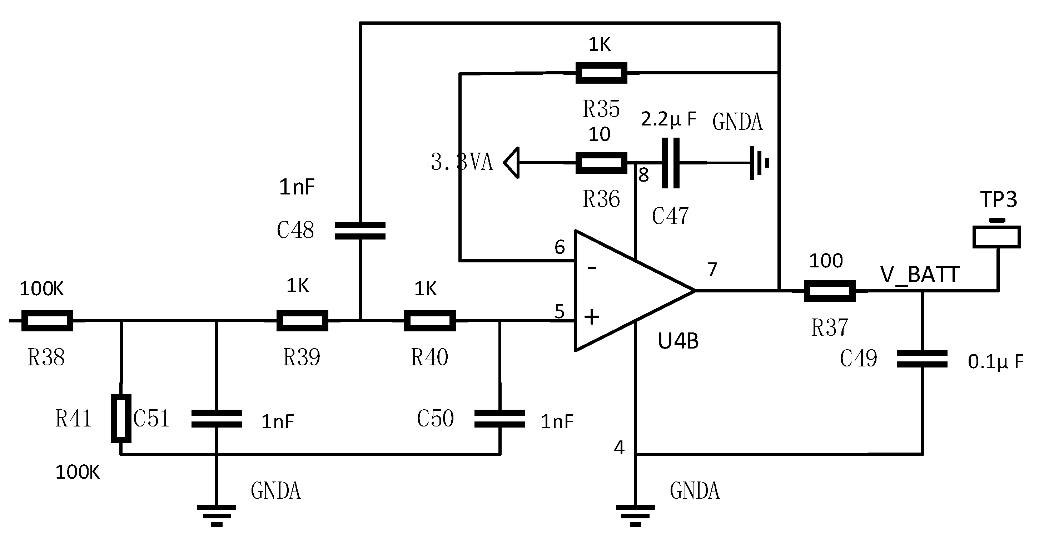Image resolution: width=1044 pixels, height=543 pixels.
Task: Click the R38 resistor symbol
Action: [47, 321]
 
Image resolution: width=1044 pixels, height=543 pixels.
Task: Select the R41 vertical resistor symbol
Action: [121, 419]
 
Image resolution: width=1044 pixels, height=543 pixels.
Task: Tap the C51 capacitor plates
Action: [217, 419]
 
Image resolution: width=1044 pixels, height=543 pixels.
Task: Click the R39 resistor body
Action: [302, 321]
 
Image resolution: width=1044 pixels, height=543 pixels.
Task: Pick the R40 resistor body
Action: [429, 321]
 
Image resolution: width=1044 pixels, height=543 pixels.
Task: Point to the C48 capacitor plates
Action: [360, 231]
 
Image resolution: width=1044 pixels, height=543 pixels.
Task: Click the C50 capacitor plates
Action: [500, 419]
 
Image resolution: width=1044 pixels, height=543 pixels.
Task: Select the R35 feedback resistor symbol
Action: [601, 73]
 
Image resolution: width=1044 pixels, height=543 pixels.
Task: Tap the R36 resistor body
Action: [601, 163]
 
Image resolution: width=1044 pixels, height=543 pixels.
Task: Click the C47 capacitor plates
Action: [670, 163]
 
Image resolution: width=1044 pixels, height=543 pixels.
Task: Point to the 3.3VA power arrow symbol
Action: [512, 163]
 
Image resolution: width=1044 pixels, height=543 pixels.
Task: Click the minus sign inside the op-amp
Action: [592, 268]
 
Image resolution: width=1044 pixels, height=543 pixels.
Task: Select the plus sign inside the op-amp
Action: [592, 317]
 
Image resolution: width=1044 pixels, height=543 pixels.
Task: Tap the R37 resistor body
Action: [829, 291]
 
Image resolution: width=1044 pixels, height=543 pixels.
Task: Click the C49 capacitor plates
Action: [922, 359]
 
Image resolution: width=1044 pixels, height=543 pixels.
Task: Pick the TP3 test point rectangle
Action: [996, 237]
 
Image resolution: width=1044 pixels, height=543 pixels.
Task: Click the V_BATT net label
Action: [919, 275]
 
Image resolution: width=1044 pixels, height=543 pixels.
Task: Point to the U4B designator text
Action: [678, 341]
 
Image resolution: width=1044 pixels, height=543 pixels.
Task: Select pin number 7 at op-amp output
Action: [712, 269]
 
